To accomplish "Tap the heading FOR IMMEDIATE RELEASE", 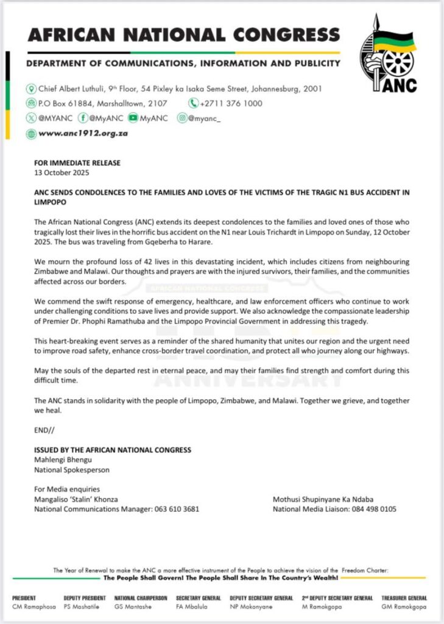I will pos(77,163).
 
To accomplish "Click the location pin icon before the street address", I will pos(30,88).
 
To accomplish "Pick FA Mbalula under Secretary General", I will pos(194,608).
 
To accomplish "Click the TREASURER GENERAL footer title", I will pos(404,598).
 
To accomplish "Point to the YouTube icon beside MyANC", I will pos(133,119).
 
